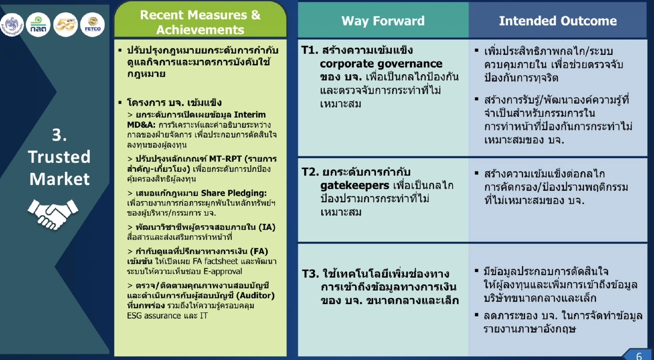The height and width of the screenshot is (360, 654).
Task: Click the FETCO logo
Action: [x=92, y=25]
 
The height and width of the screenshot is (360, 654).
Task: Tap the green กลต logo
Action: [x=38, y=25]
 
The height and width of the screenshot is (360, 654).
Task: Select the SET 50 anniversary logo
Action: [x=65, y=25]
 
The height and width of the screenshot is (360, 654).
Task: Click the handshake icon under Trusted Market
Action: [x=53, y=214]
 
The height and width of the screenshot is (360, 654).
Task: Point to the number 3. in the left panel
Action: [x=59, y=135]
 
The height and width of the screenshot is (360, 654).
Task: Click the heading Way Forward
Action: [x=383, y=21]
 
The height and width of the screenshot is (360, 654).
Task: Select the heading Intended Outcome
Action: [x=558, y=21]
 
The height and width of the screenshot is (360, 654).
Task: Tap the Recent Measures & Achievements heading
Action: [x=200, y=22]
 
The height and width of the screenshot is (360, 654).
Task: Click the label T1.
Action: [x=310, y=50]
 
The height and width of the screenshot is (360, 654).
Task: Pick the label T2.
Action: [x=310, y=172]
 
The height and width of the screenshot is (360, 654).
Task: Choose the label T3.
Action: [x=310, y=274]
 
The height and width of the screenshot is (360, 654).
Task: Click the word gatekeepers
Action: [x=355, y=185]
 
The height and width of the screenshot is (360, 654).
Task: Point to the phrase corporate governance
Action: [x=381, y=64]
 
